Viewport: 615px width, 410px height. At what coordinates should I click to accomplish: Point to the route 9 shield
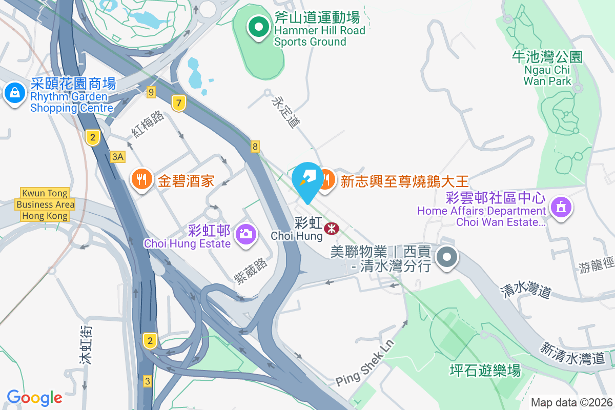pos(150,92)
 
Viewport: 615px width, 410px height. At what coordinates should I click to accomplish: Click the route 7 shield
pos(178,103)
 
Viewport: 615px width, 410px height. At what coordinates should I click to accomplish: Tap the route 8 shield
pos(255,147)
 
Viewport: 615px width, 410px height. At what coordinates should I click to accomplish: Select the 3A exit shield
pos(118,156)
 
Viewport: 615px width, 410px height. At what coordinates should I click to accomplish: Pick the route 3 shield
pos(148,381)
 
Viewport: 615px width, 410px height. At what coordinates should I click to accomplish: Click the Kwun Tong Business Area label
pos(45,204)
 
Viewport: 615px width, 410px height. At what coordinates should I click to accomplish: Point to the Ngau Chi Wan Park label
pos(547,69)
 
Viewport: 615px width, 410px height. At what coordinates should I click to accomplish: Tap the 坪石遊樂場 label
pos(485,370)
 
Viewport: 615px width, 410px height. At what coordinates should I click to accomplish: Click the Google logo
pos(34,397)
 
